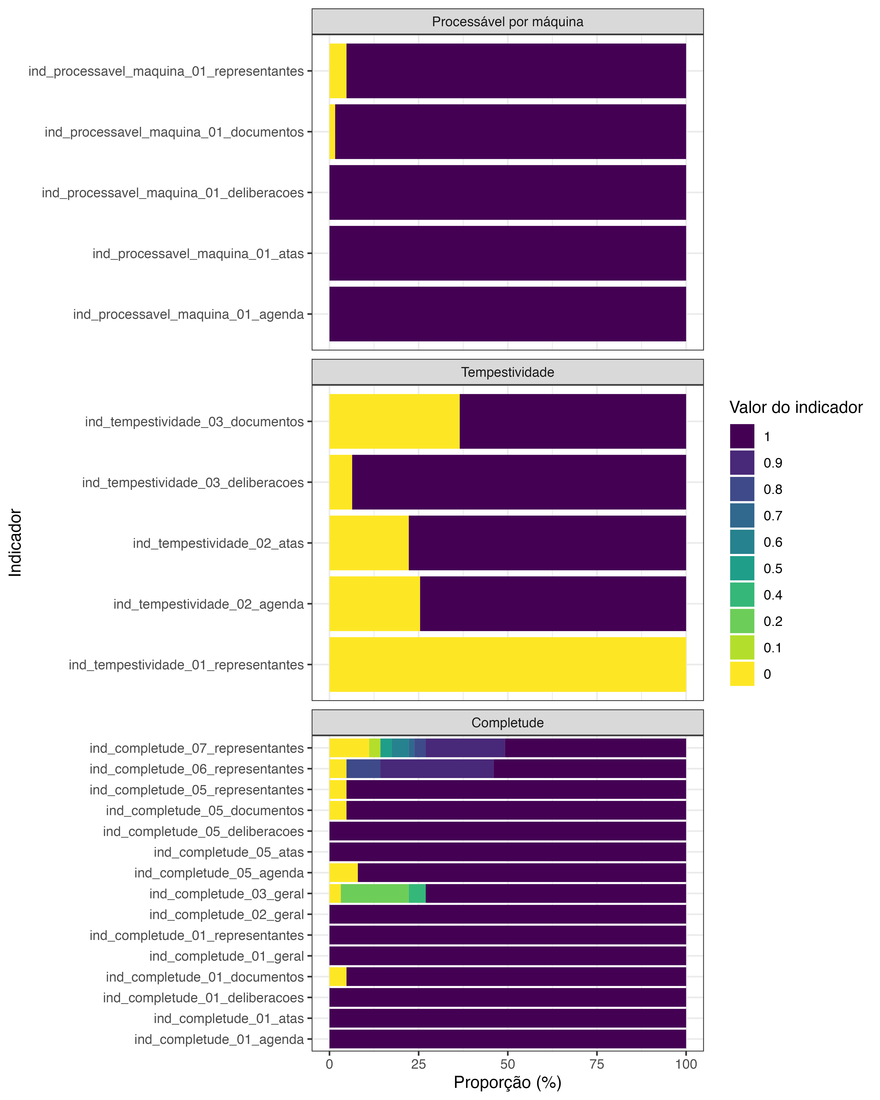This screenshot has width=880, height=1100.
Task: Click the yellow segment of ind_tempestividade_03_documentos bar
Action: tap(394, 421)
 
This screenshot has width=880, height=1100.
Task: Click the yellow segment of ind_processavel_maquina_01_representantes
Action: tap(338, 71)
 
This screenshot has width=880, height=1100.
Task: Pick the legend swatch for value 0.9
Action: tap(742, 463)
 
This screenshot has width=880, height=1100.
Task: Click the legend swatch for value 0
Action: tap(742, 674)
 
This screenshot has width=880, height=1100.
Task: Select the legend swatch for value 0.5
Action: tap(742, 568)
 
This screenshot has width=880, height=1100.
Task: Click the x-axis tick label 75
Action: tap(597, 1064)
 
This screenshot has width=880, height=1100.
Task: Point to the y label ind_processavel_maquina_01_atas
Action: tap(198, 254)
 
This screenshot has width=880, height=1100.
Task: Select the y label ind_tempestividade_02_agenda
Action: tap(208, 604)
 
